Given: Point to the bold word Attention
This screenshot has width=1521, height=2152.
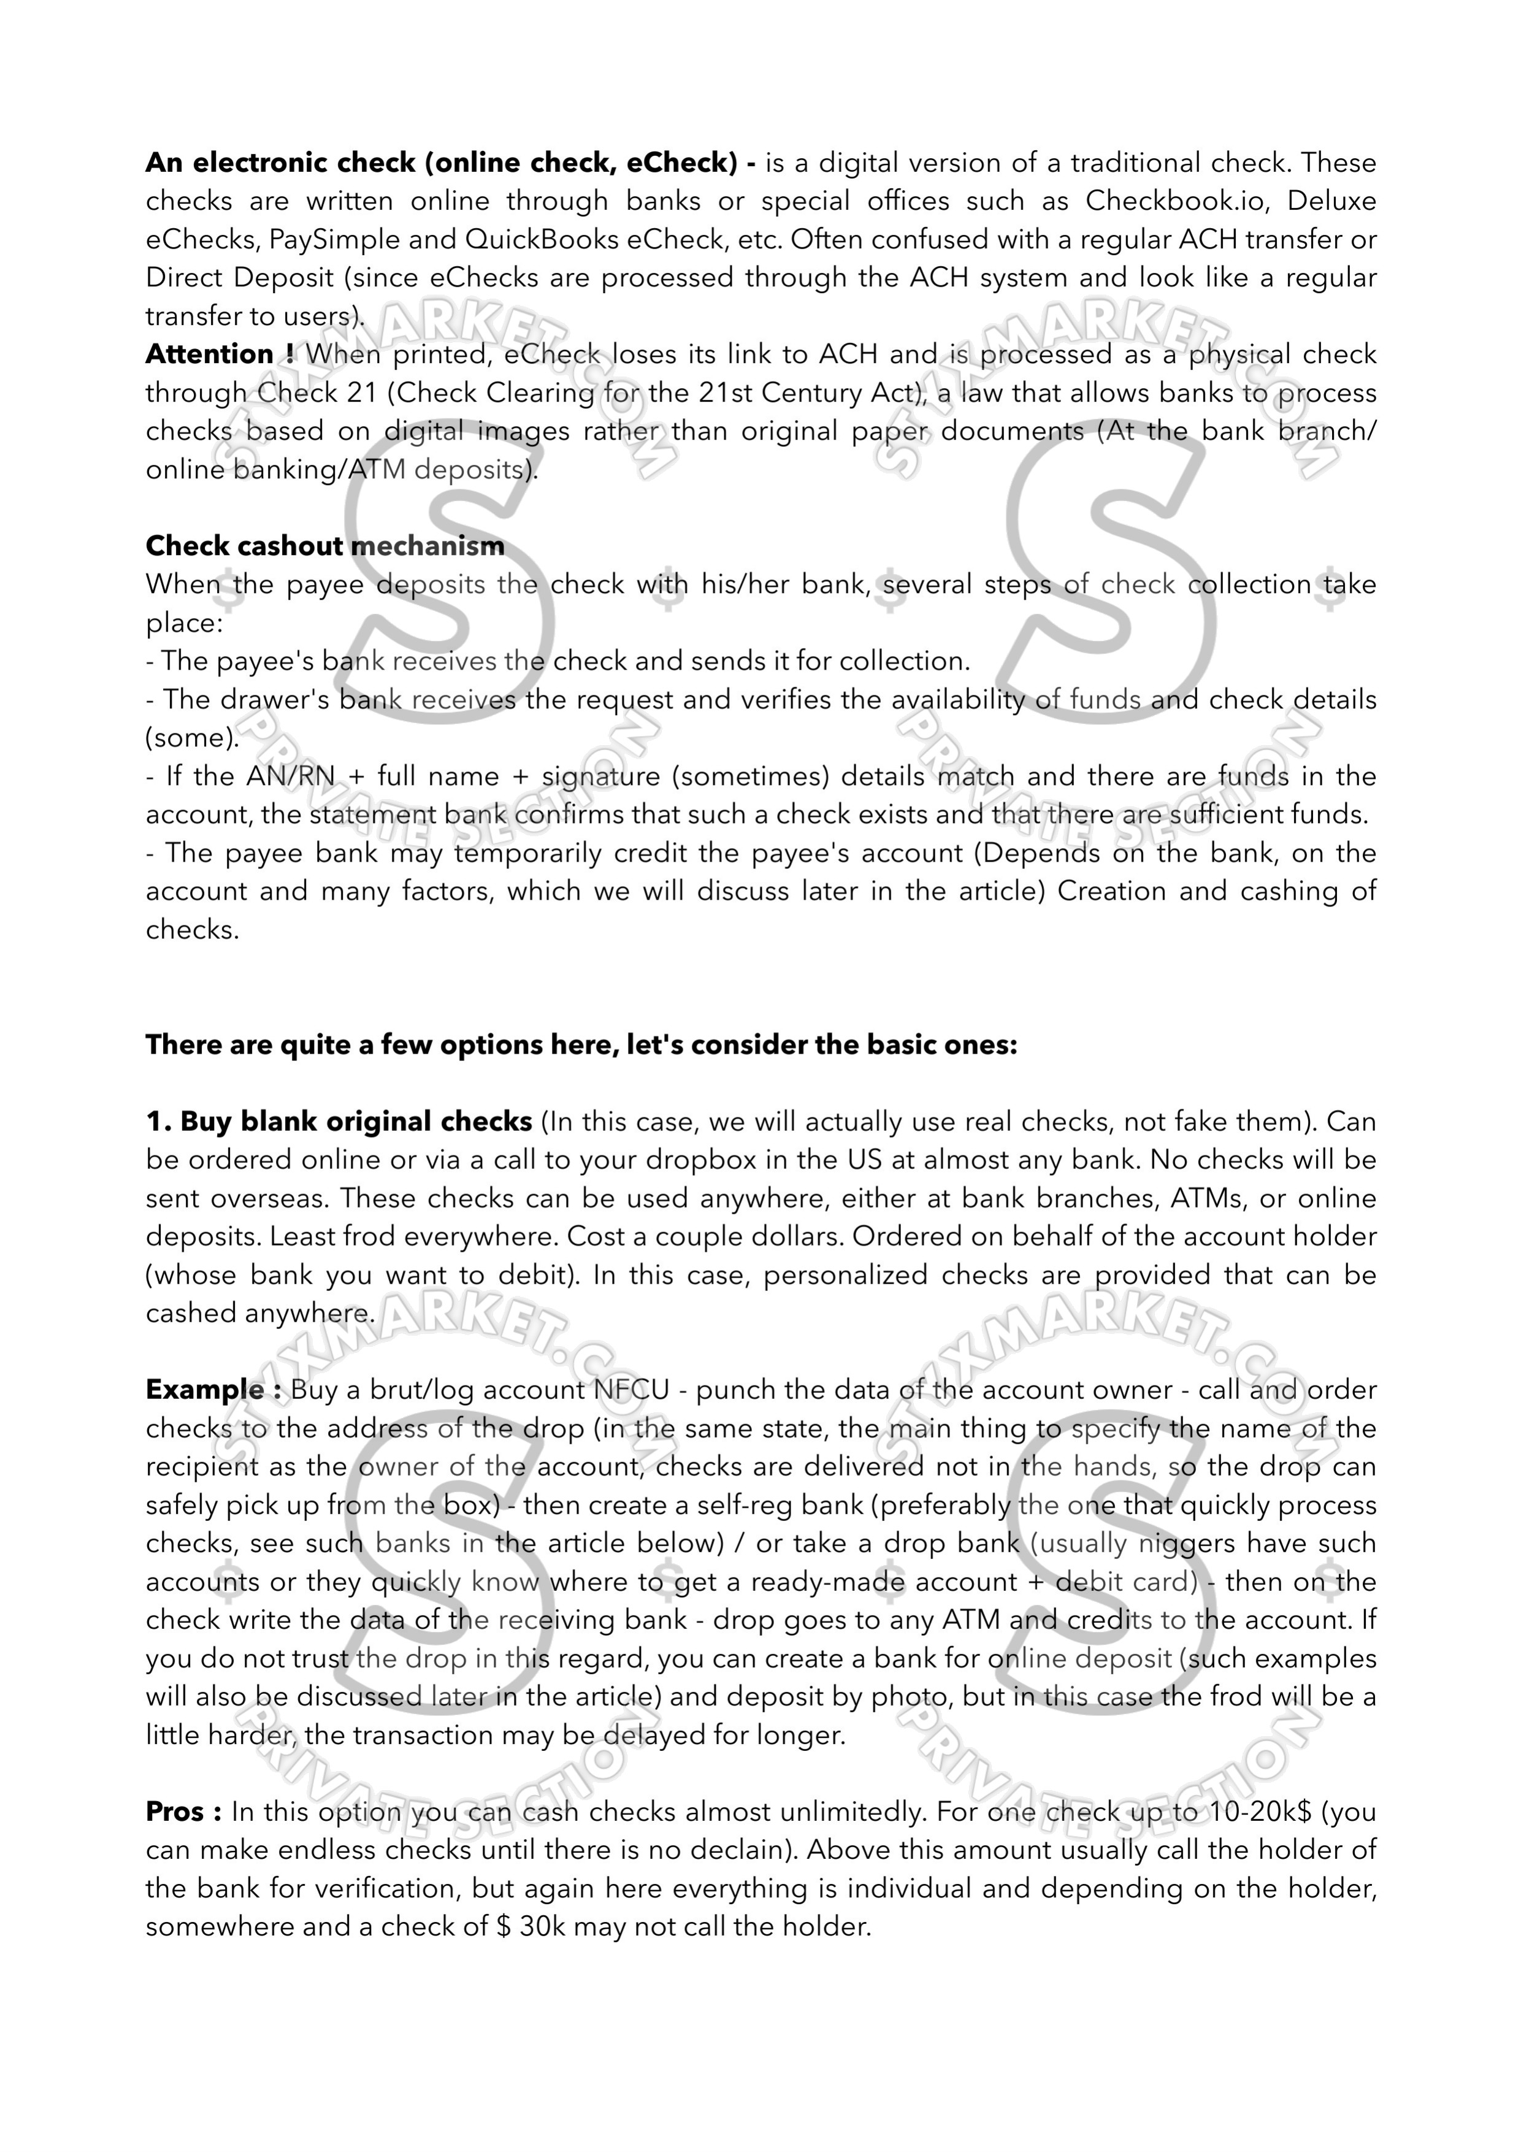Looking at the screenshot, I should point(210,354).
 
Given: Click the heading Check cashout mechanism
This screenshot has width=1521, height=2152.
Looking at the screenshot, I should point(325,545).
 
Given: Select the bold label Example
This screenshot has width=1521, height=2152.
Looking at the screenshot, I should point(205,1390).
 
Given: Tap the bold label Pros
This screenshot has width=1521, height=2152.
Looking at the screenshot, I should point(176,1812).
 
